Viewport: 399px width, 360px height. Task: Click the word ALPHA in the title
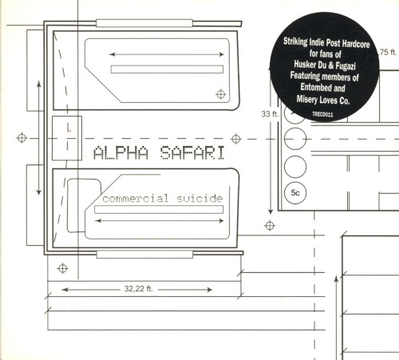121,152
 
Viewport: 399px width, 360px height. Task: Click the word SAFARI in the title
192,152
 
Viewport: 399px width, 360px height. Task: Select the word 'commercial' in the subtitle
136,199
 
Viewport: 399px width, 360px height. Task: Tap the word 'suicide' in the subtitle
199,199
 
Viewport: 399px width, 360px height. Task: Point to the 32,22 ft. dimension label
139,289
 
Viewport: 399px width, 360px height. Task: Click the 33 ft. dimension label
270,114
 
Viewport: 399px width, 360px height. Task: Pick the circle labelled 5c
295,193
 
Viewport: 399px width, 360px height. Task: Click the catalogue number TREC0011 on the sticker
322,114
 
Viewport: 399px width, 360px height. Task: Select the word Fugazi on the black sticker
346,65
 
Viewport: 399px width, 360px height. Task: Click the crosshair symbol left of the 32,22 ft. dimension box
62,268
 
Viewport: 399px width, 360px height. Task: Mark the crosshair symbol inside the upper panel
220,94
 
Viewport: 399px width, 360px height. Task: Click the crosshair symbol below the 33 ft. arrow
270,226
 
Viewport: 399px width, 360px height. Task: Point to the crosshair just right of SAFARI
236,139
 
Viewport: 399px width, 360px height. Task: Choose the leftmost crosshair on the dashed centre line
22,138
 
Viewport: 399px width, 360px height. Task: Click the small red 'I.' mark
69,129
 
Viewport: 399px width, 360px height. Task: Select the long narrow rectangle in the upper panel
167,69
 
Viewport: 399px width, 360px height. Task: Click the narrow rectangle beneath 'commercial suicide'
159,210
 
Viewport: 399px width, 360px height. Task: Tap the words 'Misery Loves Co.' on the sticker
323,100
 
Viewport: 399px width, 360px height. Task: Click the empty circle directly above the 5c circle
295,167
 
